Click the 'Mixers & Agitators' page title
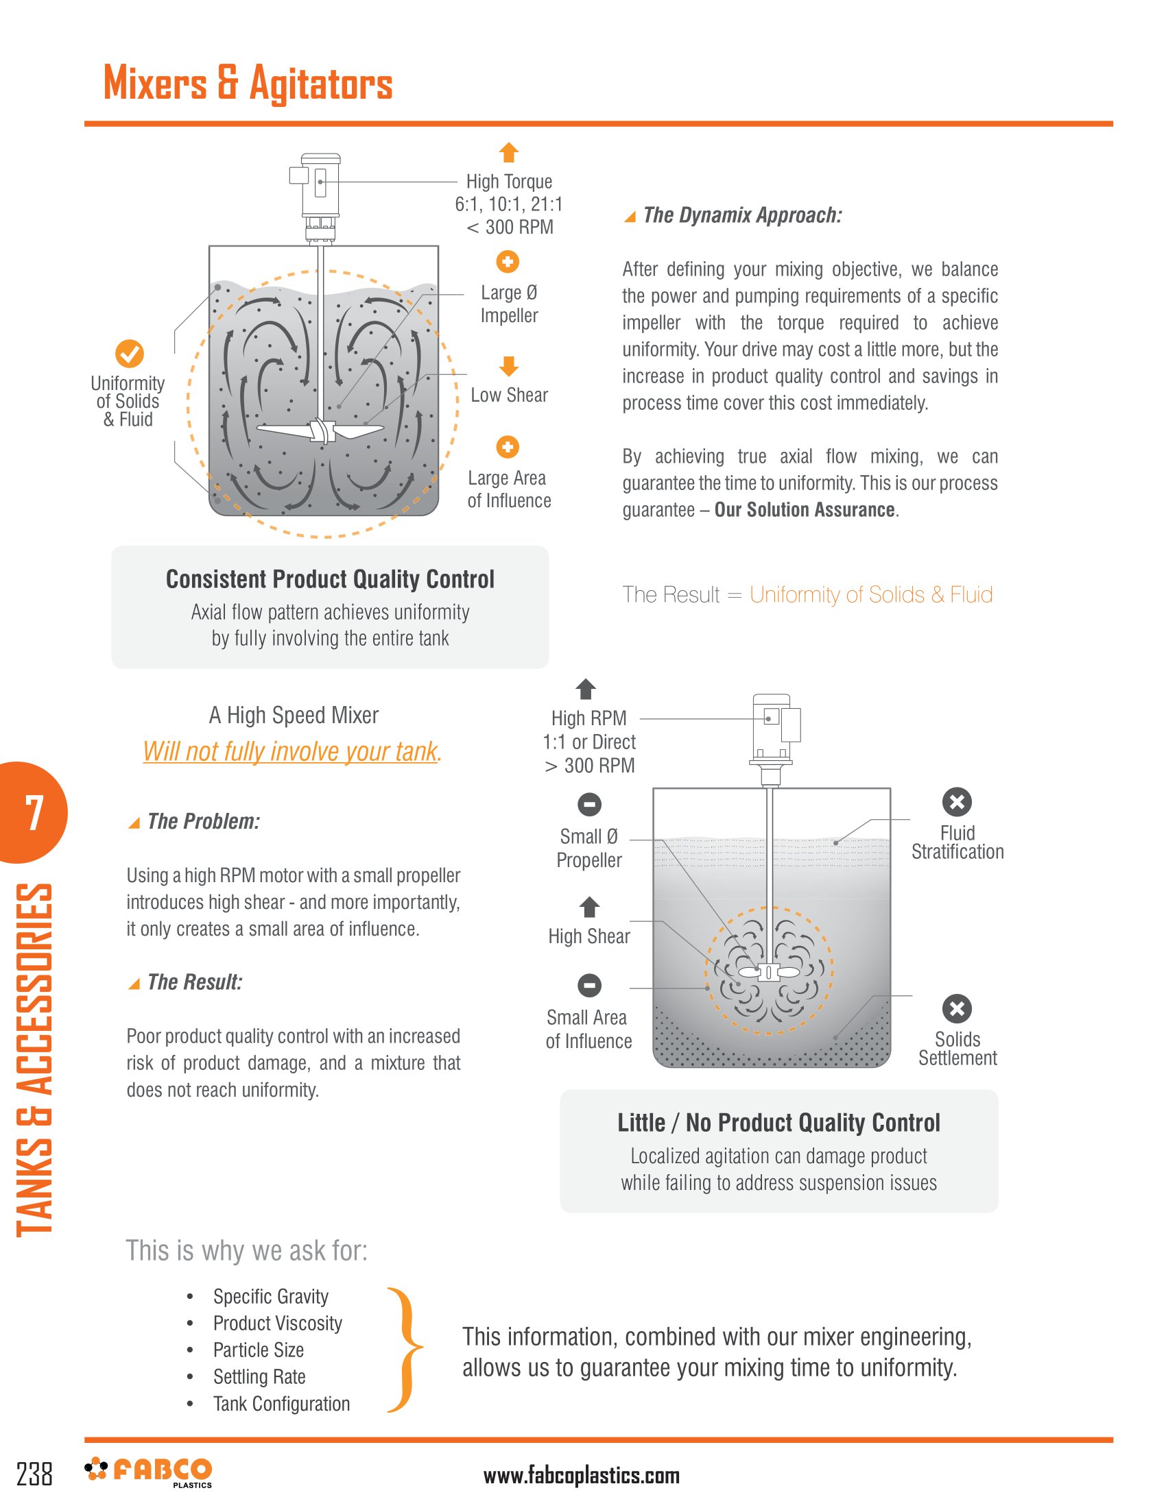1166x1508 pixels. coord(248,84)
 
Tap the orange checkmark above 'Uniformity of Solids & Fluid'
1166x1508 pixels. coord(129,354)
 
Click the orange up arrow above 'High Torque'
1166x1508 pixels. coord(508,152)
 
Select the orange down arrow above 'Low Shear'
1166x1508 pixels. coord(508,366)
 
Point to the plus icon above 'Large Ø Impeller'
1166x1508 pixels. coord(508,262)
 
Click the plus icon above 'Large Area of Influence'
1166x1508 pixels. coord(508,447)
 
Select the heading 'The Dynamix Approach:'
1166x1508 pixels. coord(742,215)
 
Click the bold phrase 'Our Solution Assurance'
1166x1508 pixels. coord(804,509)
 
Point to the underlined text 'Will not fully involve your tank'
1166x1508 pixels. coord(291,751)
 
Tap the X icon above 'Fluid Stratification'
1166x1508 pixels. coord(957,802)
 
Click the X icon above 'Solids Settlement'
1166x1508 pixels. coord(957,1009)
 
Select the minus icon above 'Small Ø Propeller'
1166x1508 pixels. coord(589,805)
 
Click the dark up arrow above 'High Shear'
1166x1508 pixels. coord(589,907)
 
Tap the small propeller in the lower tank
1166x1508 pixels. coord(768,972)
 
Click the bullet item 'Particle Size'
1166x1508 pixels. coord(259,1350)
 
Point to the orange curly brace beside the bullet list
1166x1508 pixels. coord(405,1349)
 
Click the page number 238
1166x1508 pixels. coord(34,1474)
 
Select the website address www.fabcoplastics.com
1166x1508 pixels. coord(581,1476)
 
